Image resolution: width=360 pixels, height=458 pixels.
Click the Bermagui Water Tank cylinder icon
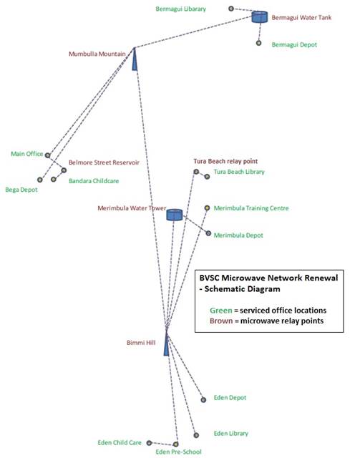coord(260,17)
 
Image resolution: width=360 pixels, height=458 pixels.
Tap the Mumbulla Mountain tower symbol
coord(135,59)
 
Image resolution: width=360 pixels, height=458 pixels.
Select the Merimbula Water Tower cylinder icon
coord(175,215)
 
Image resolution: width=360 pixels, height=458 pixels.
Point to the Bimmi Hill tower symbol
coord(166,344)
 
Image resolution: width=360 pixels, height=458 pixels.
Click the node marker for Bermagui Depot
coord(258,43)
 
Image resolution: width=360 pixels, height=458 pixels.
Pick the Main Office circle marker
coord(48,155)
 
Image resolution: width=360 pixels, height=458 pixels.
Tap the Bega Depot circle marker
coord(40,180)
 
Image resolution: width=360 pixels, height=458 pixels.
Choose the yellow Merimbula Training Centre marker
coord(207,208)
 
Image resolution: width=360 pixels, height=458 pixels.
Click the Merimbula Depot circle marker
coord(208,233)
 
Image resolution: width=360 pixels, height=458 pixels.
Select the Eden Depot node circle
coord(203,400)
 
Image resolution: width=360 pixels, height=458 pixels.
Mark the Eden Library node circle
coord(196,435)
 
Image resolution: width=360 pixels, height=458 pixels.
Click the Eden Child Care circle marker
coord(149,443)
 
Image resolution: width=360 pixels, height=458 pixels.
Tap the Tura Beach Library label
coord(239,172)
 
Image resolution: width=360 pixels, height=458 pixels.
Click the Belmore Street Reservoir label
coord(104,162)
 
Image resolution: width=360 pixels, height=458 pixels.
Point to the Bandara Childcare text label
coord(94,181)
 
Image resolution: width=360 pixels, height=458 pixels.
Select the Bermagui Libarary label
coord(181,9)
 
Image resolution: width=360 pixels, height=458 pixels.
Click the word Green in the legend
coord(221,310)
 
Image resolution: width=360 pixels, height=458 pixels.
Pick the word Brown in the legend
coord(221,321)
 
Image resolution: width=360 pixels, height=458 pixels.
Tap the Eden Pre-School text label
coord(178,452)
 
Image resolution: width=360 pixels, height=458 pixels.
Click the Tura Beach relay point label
coord(225,161)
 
